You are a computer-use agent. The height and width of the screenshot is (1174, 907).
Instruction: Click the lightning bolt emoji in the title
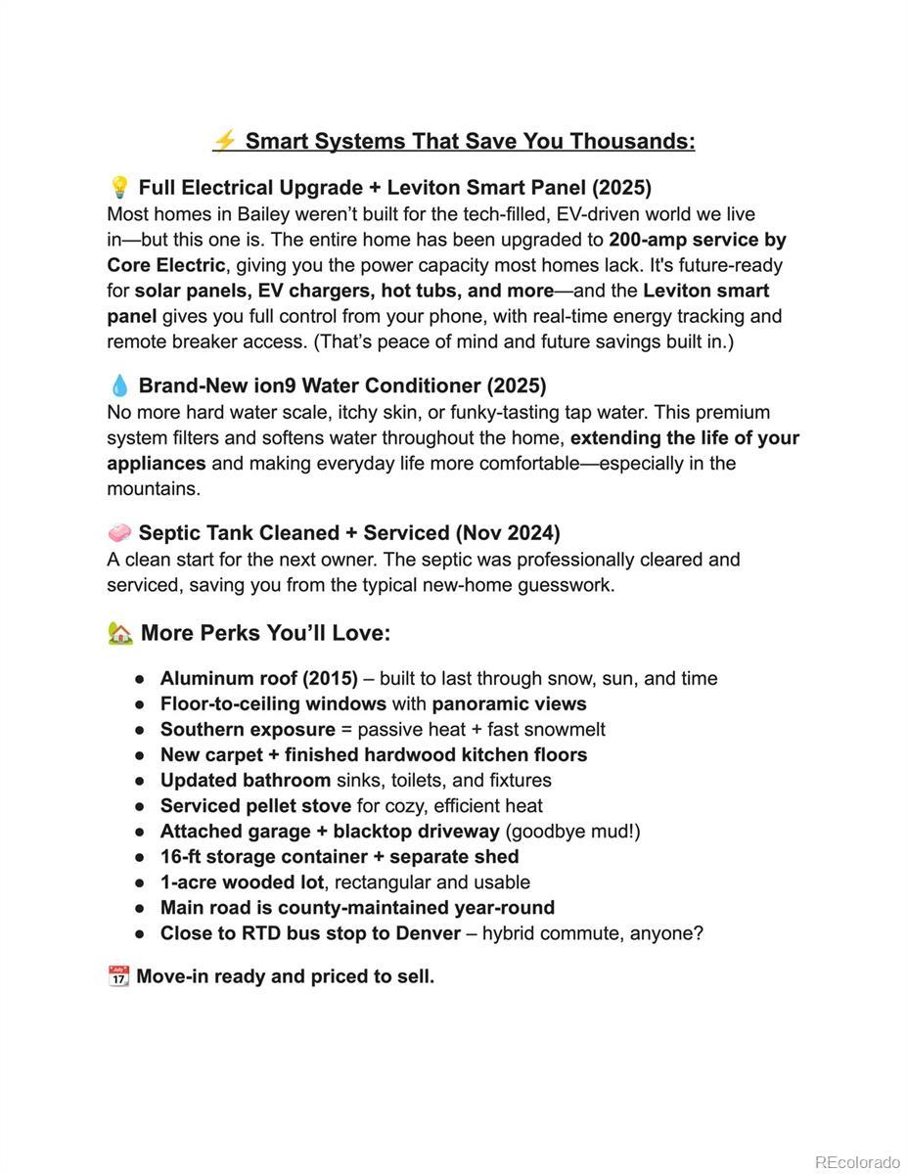click(224, 141)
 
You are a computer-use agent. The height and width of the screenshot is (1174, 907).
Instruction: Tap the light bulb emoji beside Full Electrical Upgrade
click(119, 187)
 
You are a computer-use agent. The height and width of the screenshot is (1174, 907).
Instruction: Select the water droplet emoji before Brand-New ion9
click(119, 385)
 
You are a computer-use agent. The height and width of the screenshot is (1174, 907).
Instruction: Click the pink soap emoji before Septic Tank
click(119, 533)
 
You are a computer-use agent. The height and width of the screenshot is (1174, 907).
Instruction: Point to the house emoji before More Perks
click(120, 633)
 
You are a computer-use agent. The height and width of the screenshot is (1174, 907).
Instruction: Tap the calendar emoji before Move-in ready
click(118, 976)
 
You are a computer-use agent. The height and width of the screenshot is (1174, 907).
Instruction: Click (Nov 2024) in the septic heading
click(508, 533)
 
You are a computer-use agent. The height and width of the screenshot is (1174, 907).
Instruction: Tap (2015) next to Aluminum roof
click(330, 678)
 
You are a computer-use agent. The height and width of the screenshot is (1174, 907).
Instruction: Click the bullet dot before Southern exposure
click(141, 730)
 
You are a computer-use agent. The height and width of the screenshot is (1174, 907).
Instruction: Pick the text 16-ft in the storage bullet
click(182, 857)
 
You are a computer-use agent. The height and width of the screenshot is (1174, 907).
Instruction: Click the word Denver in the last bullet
click(428, 933)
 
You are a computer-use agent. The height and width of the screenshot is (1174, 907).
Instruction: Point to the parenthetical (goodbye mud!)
click(572, 832)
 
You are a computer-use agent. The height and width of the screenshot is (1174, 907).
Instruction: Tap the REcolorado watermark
click(857, 1162)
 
